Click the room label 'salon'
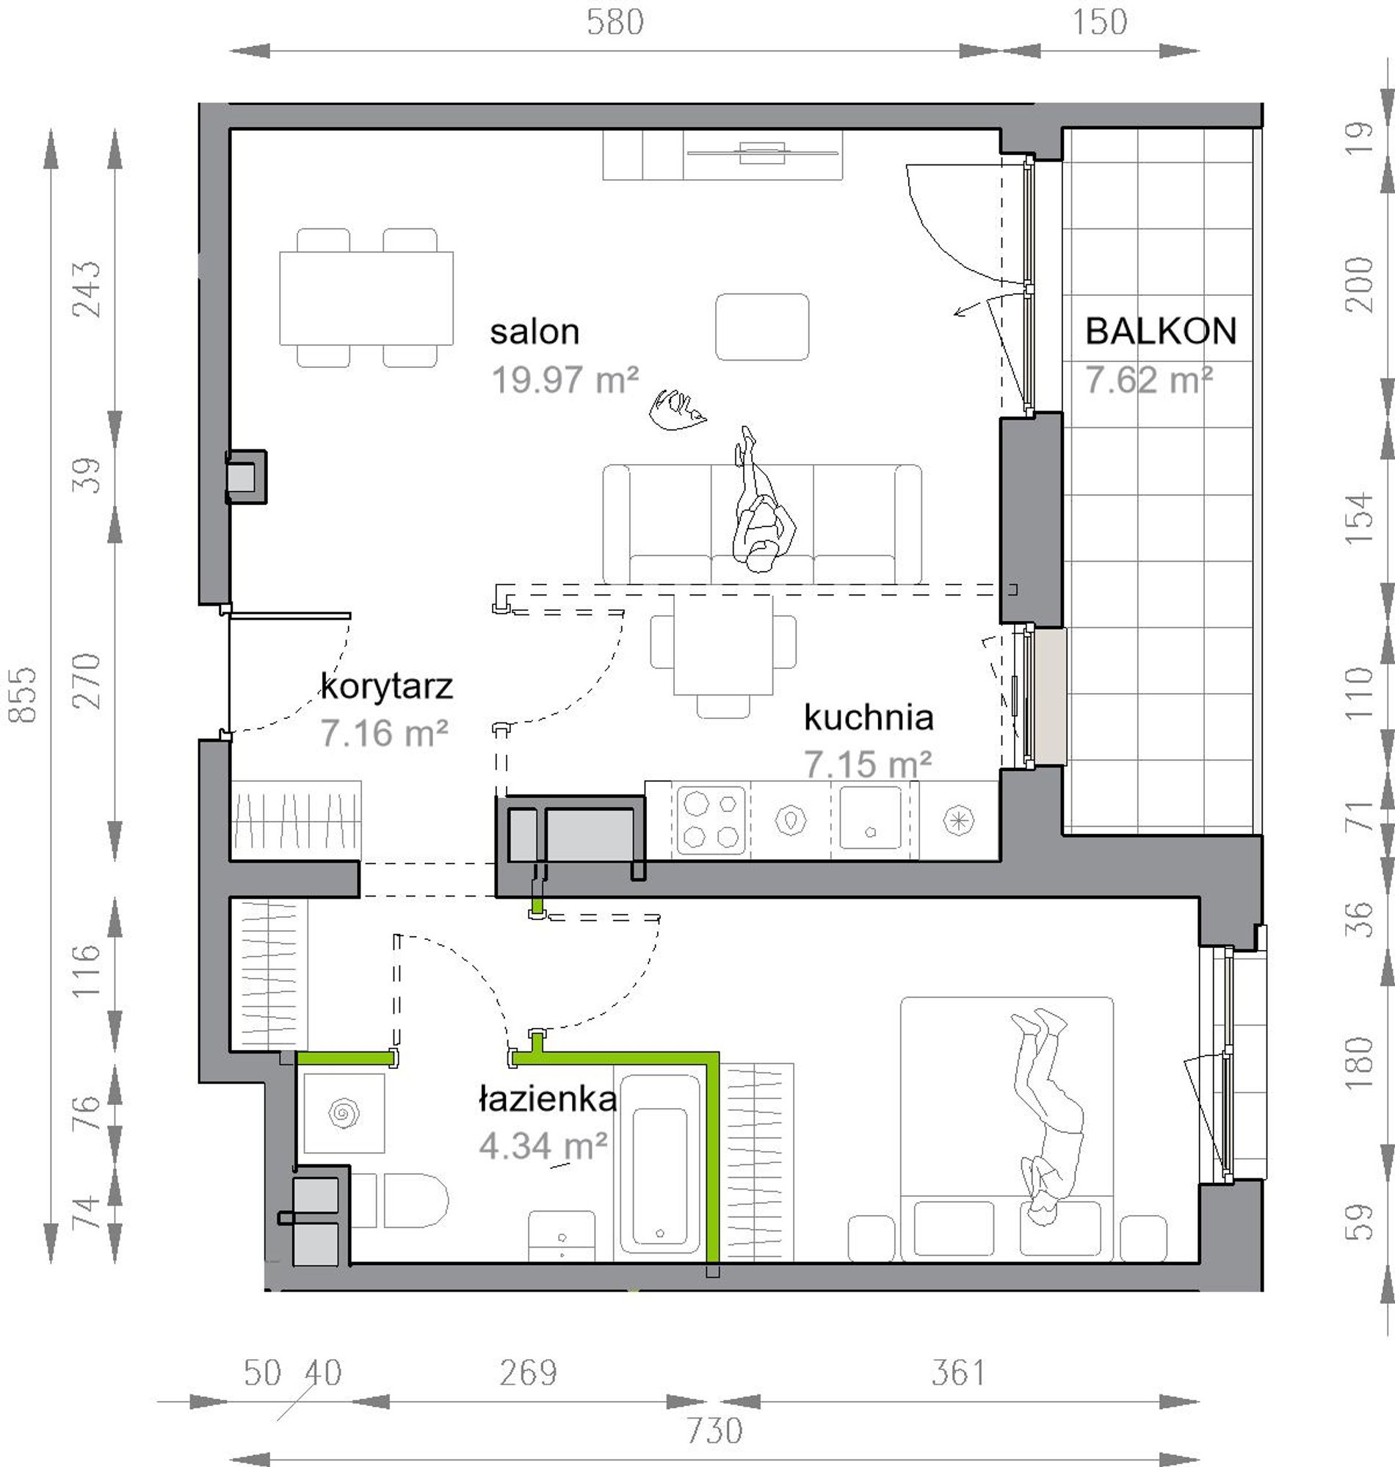[x=534, y=332]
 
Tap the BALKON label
[x=1161, y=331]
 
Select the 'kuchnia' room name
[x=869, y=717]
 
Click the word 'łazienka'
[x=548, y=1100]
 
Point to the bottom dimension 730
[x=714, y=1431]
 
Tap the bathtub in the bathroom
[x=659, y=1168]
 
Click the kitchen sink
[x=870, y=818]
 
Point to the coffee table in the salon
[x=762, y=327]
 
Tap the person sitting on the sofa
[x=760, y=503]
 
